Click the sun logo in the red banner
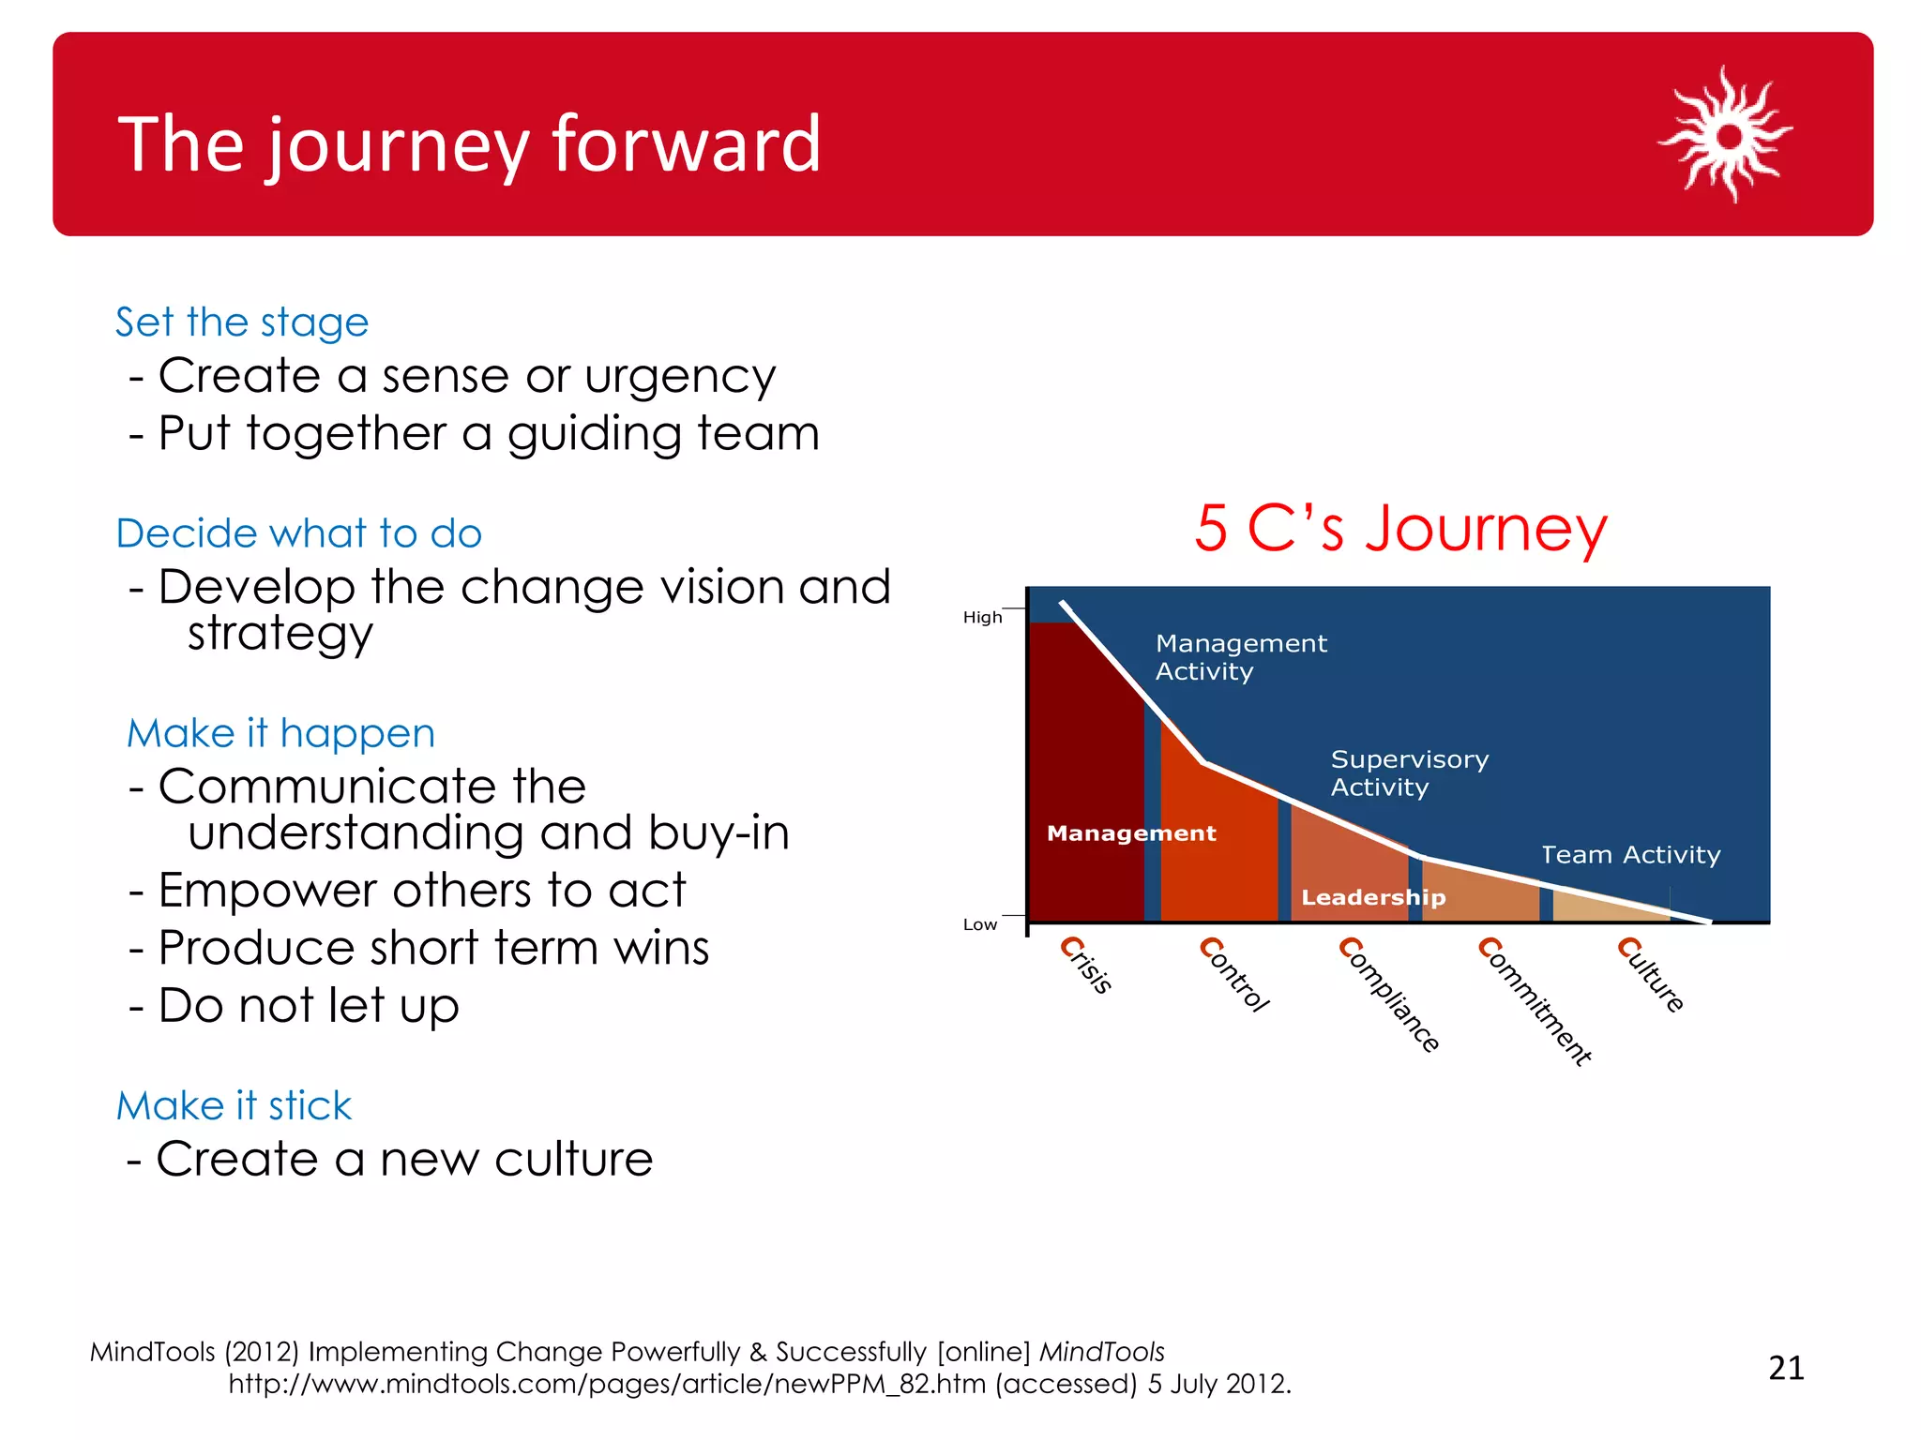(x=1726, y=135)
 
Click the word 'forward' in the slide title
(x=686, y=144)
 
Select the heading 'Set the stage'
(x=242, y=322)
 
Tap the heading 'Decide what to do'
(x=298, y=533)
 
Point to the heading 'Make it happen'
(x=280, y=733)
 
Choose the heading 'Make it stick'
(x=234, y=1106)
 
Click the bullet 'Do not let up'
(x=308, y=1006)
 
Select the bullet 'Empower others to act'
(x=421, y=891)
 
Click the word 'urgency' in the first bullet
(x=680, y=377)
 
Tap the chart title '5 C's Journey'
(x=1400, y=529)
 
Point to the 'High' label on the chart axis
(x=982, y=618)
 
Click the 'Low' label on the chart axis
(x=979, y=925)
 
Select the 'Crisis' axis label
(x=1086, y=966)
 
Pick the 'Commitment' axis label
(x=1535, y=1001)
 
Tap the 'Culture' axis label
(x=1651, y=975)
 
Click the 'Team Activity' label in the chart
(x=1630, y=855)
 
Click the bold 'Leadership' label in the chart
(x=1372, y=898)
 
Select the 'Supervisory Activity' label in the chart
(x=1409, y=773)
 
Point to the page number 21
(x=1786, y=1369)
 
